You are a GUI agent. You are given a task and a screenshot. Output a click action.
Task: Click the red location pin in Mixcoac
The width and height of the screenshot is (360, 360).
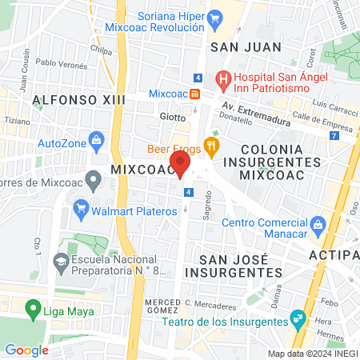(x=181, y=164)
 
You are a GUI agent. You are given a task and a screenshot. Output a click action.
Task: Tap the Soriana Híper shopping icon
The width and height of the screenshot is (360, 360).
(x=214, y=18)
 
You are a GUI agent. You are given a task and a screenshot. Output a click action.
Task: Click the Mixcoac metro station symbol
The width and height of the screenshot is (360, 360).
(x=196, y=93)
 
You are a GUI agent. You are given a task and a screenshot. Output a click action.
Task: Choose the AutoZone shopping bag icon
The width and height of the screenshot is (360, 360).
(x=97, y=142)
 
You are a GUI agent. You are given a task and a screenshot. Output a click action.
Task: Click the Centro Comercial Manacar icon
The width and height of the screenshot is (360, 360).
(x=318, y=222)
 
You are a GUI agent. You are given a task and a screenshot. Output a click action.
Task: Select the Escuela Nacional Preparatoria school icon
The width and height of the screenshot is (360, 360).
(x=60, y=261)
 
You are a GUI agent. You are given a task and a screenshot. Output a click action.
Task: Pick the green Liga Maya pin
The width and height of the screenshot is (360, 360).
(x=34, y=307)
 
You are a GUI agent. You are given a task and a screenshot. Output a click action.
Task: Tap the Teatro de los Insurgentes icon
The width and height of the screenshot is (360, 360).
(x=298, y=319)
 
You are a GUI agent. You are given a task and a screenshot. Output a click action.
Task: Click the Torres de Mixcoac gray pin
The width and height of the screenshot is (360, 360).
(x=94, y=182)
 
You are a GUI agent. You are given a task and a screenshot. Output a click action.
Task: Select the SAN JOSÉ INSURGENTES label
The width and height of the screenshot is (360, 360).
(x=241, y=265)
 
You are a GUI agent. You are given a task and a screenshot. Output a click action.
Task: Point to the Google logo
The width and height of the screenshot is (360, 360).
(x=26, y=350)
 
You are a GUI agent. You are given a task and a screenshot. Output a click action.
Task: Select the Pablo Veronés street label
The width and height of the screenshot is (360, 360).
(x=55, y=63)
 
